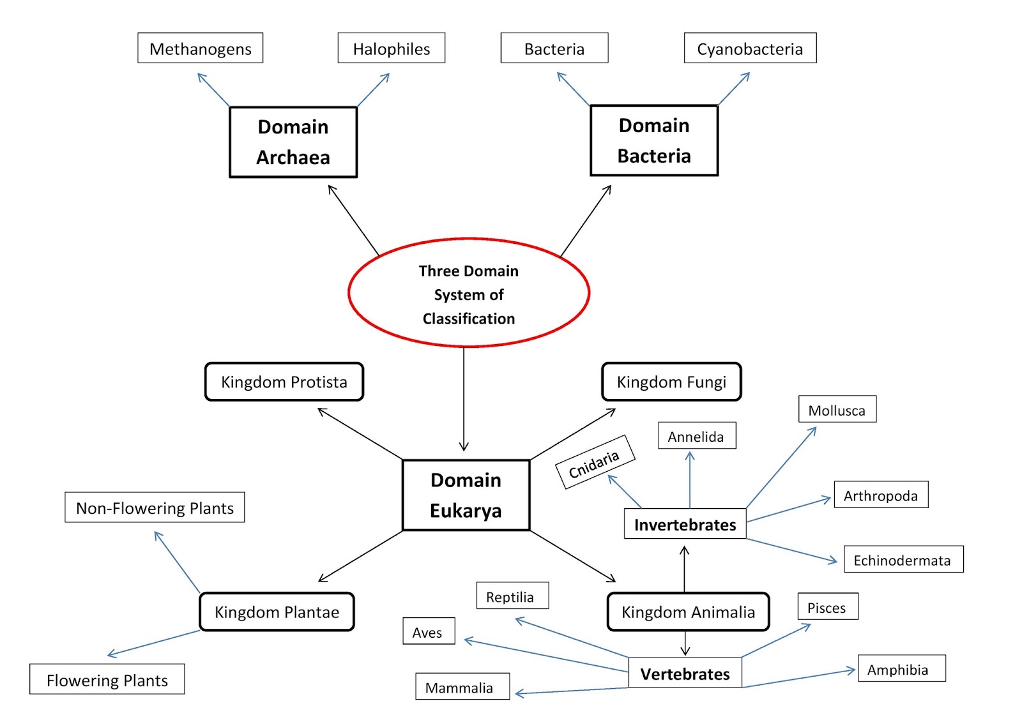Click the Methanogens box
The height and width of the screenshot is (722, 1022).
(200, 49)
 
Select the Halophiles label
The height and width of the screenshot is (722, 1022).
(391, 49)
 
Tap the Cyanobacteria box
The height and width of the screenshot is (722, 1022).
(750, 49)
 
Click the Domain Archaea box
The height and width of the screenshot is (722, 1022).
(293, 142)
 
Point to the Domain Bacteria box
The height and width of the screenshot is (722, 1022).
(654, 140)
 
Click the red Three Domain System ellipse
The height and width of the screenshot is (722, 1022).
(469, 294)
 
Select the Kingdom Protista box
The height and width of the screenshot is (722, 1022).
(284, 382)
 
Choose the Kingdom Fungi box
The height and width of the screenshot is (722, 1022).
(671, 382)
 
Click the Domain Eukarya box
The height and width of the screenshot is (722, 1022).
(466, 495)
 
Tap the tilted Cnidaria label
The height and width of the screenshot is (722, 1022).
(595, 463)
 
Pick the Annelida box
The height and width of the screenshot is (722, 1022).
(697, 436)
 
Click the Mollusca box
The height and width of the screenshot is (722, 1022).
(837, 409)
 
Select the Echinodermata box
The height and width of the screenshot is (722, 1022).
(903, 559)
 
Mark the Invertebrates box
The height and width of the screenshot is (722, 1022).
(685, 524)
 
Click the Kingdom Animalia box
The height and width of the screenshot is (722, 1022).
(688, 612)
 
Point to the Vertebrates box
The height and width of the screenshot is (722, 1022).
(685, 673)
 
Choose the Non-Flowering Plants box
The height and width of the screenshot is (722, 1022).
(155, 508)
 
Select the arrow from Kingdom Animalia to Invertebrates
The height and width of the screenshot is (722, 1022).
(685, 568)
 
